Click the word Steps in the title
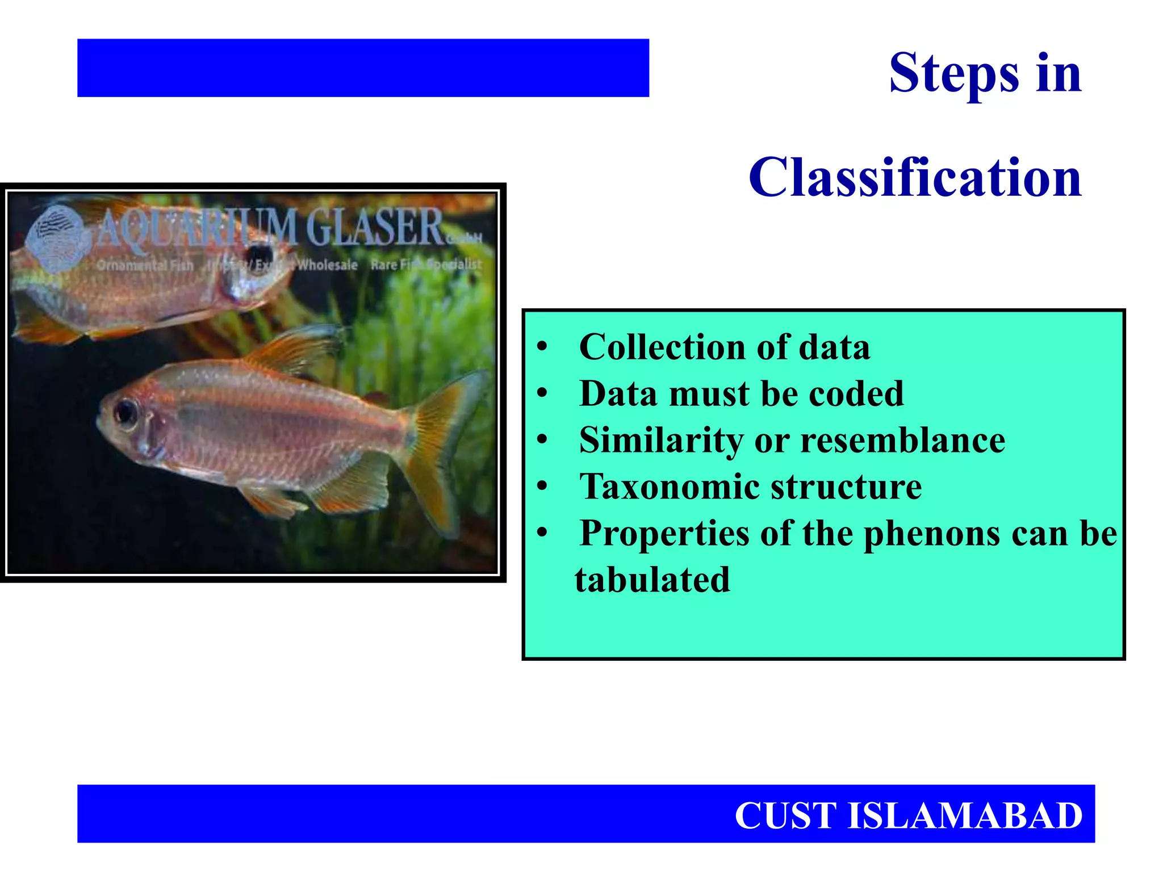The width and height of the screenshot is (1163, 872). pyautogui.click(x=954, y=74)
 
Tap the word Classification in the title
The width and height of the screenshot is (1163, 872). pyautogui.click(x=915, y=178)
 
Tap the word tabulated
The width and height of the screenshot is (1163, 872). pyautogui.click(x=652, y=580)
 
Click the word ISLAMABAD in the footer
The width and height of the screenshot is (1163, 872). pyautogui.click(x=965, y=816)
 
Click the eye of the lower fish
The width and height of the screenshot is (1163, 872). pyautogui.click(x=125, y=412)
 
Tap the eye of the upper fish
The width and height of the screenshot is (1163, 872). pyautogui.click(x=258, y=253)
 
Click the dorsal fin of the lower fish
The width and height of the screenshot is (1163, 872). pyautogui.click(x=295, y=349)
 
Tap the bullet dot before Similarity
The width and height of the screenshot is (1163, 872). pyautogui.click(x=542, y=439)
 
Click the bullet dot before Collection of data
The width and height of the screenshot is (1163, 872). pyautogui.click(x=542, y=346)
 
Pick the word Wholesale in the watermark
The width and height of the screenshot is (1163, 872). pyautogui.click(x=327, y=265)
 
